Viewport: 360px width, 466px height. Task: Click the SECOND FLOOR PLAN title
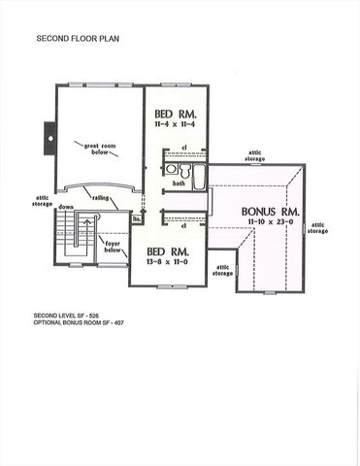[78, 41]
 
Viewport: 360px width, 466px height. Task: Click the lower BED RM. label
[168, 251]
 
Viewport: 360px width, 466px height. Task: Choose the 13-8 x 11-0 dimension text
[168, 263]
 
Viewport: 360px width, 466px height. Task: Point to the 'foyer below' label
[113, 246]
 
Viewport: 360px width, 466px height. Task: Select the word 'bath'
[179, 183]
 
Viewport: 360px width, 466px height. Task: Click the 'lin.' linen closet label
[137, 219]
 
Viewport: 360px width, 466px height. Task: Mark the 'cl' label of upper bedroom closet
[183, 149]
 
